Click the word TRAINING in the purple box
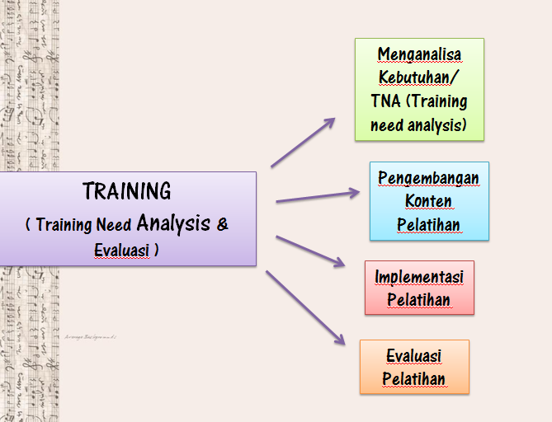(127, 191)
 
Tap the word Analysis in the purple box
(173, 223)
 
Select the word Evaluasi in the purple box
(122, 250)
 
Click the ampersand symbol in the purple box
(223, 224)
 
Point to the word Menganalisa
(419, 55)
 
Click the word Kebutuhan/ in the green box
(418, 77)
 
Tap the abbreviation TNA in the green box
(385, 101)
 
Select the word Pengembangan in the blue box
(428, 178)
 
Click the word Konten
(428, 201)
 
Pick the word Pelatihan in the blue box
(428, 225)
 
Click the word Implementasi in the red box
(419, 277)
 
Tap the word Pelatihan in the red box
(418, 300)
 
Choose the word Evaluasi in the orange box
(414, 355)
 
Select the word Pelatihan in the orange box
(414, 379)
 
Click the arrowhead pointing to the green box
(329, 122)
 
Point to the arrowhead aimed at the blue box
(354, 193)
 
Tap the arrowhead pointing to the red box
(339, 262)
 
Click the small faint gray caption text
(91, 337)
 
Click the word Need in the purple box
(113, 224)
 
